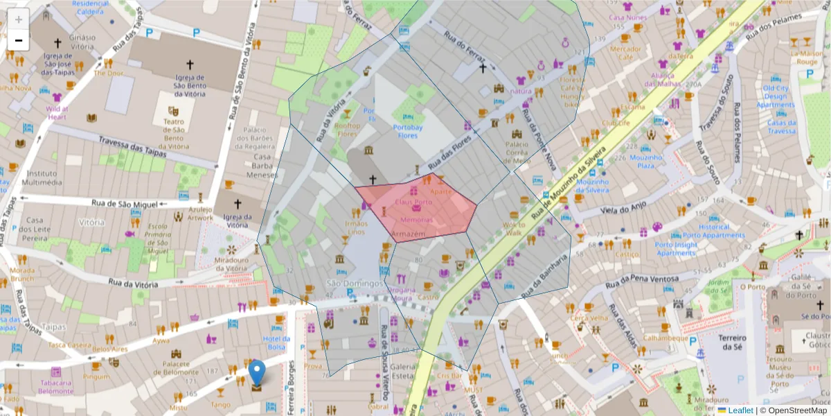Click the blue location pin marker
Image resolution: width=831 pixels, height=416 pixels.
(257, 373)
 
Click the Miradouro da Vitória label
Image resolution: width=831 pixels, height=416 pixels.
(222, 263)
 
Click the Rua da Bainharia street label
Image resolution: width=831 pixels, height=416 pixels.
(546, 277)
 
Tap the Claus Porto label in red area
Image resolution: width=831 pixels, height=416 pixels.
(413, 202)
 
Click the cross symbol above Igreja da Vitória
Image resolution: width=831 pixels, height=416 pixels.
(238, 204)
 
